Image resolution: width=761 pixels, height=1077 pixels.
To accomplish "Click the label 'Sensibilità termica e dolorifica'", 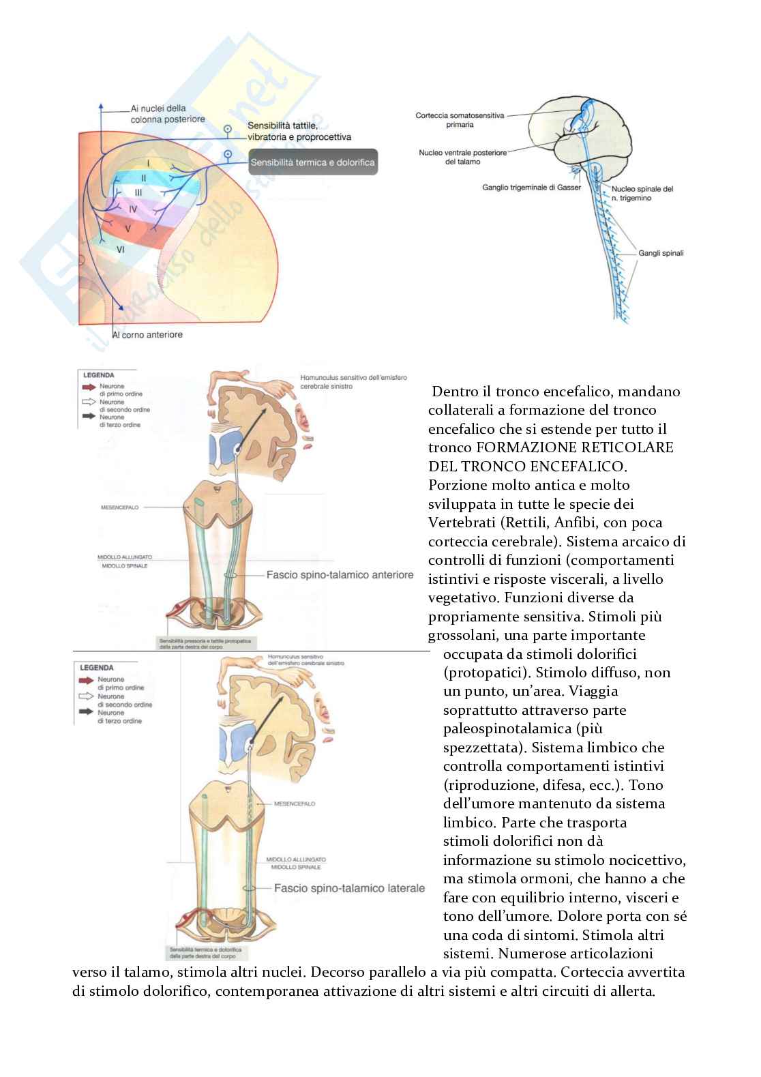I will coord(312,163).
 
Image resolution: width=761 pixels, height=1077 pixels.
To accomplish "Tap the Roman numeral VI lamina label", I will coord(120,250).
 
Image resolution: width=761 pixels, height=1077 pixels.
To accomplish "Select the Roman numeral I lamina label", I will coord(148,163).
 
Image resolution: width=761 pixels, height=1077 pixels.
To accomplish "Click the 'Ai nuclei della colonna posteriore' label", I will coord(167,113).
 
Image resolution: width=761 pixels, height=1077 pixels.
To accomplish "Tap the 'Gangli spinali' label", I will coord(661,253).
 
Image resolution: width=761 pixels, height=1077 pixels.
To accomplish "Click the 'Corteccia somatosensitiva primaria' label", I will coord(460,120).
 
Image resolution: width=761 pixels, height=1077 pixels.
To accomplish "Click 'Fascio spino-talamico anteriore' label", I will coord(340,575).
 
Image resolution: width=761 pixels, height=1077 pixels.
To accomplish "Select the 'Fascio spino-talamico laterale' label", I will coord(349,888).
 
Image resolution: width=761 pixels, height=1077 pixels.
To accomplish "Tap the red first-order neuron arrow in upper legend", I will coord(89,386).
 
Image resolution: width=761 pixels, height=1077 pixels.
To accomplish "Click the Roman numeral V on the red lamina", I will coord(128,228).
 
